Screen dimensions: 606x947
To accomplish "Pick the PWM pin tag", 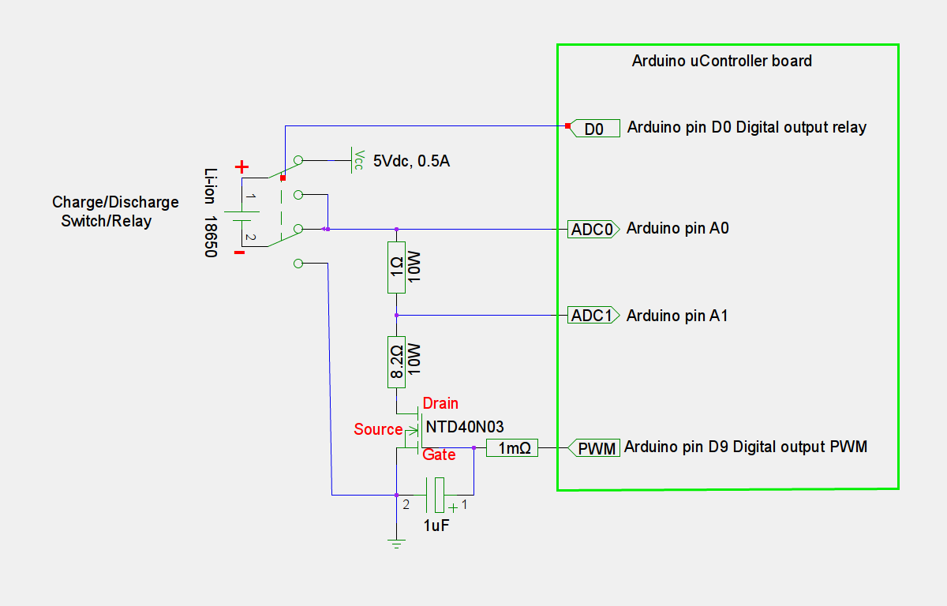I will click(x=593, y=448).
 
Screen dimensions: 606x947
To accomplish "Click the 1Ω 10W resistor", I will click(x=396, y=267).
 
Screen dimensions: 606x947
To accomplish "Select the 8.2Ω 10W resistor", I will click(x=396, y=361).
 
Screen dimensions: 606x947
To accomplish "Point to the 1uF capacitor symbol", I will click(x=436, y=495).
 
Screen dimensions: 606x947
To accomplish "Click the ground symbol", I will click(x=396, y=542).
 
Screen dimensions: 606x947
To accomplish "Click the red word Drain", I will click(x=440, y=403).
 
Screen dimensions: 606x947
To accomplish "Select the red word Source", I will click(x=378, y=429).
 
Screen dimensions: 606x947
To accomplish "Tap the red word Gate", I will click(x=439, y=455).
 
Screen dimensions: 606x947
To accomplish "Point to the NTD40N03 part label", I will click(x=465, y=427).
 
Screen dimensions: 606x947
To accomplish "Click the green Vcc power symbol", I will click(x=356, y=159).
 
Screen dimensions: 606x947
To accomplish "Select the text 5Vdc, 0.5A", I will click(x=411, y=161).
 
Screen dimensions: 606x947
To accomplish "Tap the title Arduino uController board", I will click(x=722, y=61).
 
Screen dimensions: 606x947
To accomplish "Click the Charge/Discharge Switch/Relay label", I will click(x=115, y=211).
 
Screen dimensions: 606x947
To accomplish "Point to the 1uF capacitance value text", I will click(x=437, y=525).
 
